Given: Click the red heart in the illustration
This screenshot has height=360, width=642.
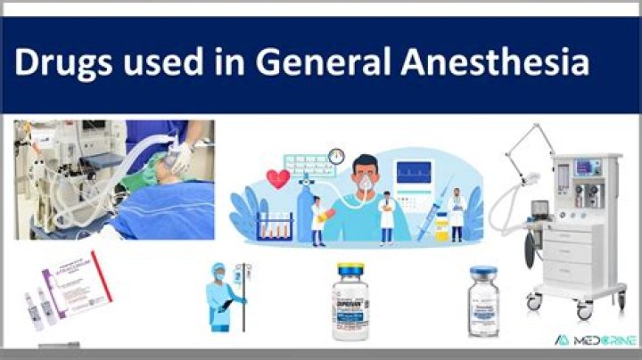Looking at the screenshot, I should [x=278, y=179].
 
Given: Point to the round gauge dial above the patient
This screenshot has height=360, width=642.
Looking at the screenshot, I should [x=335, y=157].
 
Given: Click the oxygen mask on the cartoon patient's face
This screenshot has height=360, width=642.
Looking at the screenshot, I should [x=366, y=191].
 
